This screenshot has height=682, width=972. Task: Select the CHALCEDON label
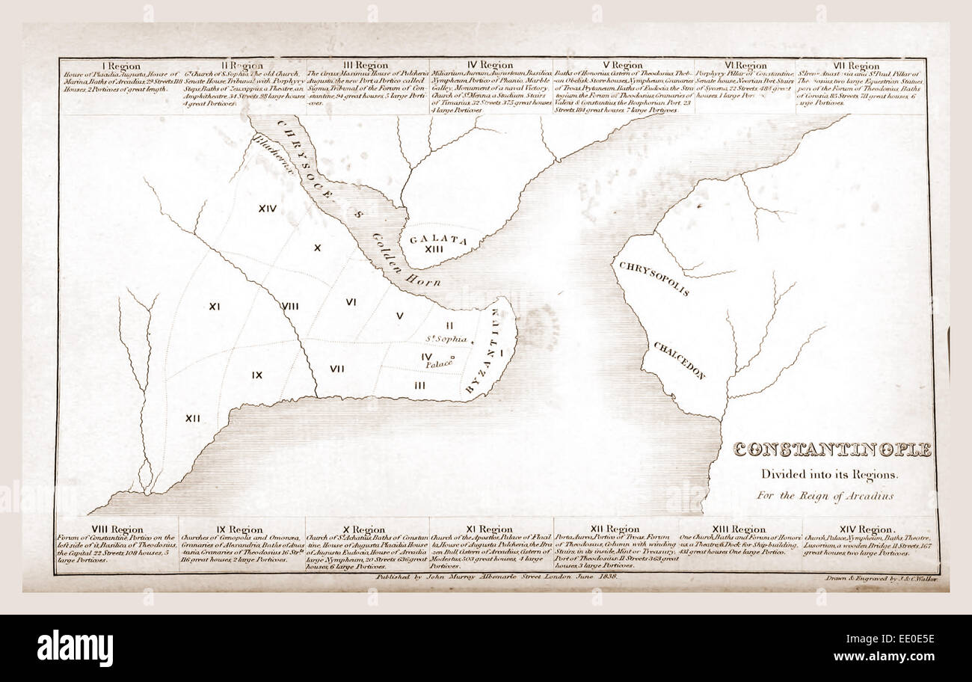point(679,360)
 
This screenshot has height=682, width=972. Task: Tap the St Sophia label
point(445,339)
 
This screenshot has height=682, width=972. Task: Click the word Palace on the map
point(440,364)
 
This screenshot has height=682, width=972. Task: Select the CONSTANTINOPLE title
point(832,450)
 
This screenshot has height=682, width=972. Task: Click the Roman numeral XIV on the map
point(268,209)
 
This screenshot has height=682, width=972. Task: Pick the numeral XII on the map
point(193,418)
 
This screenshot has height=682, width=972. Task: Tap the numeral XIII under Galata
point(434,249)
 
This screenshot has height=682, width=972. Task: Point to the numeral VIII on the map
point(290,306)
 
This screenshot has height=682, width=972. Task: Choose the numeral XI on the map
point(214,306)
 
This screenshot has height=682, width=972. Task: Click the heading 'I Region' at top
point(120,66)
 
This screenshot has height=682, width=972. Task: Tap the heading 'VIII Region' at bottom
point(117,529)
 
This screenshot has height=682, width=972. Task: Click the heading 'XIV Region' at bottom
point(864,529)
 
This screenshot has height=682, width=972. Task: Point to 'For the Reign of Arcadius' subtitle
point(824,496)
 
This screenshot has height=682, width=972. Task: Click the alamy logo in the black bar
point(75,648)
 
